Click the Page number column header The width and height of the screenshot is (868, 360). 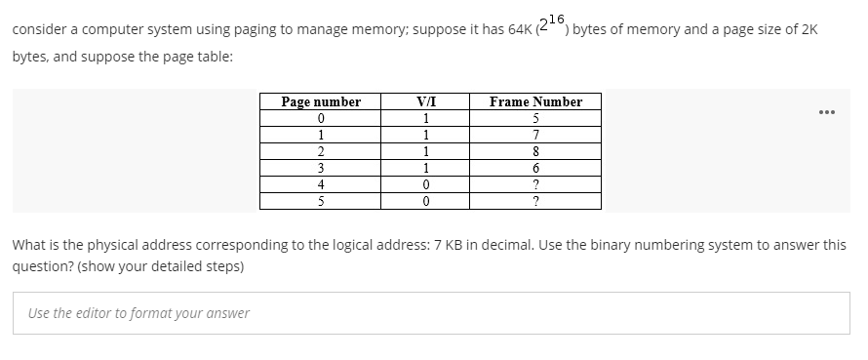[x=321, y=101]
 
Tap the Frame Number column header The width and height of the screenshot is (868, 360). [x=535, y=101]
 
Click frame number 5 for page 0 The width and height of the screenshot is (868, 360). [x=535, y=118]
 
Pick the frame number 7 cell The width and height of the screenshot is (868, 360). [x=535, y=135]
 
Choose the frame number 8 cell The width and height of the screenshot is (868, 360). [x=535, y=151]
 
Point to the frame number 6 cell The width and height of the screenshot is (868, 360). [x=535, y=168]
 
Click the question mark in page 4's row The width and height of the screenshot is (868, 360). [x=535, y=184]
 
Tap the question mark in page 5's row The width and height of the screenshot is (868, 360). [x=535, y=201]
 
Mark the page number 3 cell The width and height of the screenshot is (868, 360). [x=321, y=168]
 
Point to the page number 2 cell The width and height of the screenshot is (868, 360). [x=321, y=151]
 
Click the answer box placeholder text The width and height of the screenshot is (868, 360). [x=138, y=313]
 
